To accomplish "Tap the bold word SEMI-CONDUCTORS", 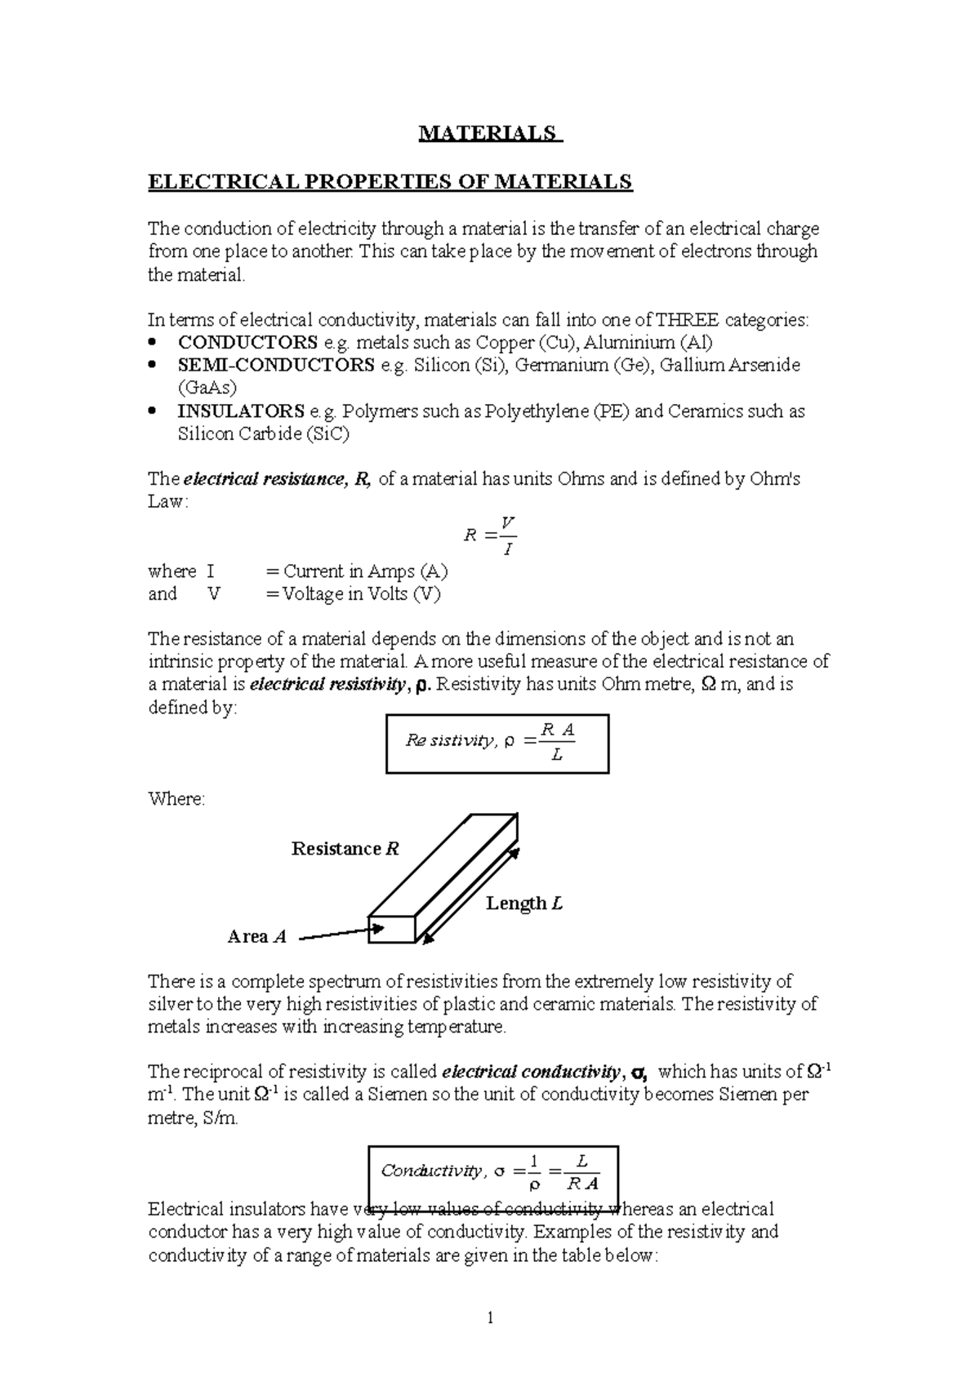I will [276, 365].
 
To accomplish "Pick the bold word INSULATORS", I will [241, 411].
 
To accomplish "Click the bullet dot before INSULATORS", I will [153, 412].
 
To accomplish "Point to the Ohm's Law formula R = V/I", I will [489, 535].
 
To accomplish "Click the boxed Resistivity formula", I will [497, 744].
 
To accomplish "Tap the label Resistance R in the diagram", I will [345, 849].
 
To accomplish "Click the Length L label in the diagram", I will [523, 904].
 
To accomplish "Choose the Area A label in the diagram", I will [256, 937].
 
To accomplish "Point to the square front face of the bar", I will [392, 929].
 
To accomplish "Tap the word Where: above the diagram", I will [176, 799].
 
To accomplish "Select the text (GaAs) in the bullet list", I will [207, 388].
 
